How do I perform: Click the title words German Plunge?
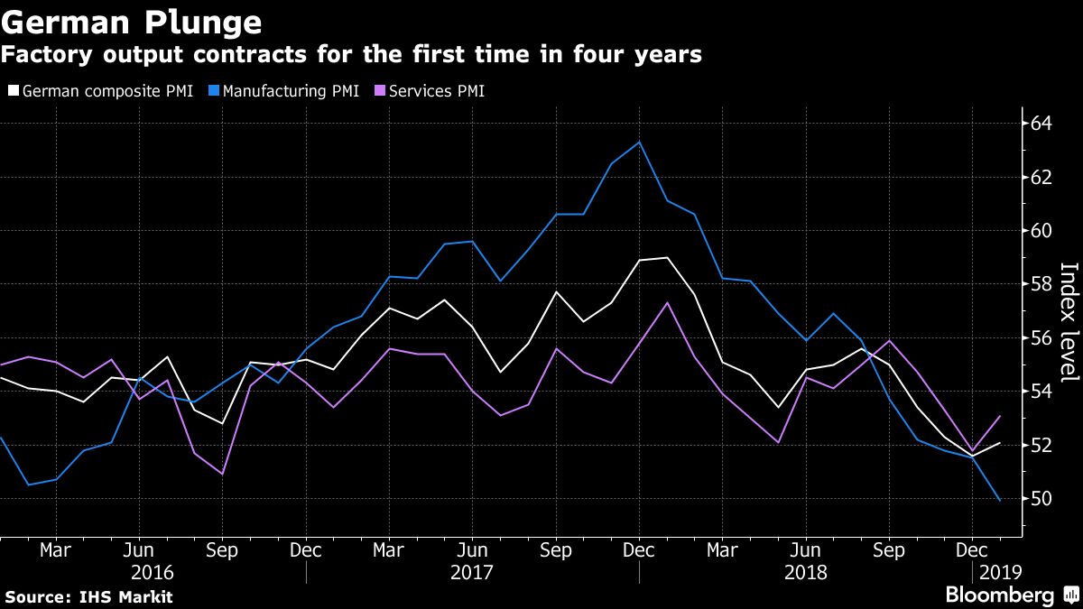click(x=133, y=22)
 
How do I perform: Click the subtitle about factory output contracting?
click(x=351, y=55)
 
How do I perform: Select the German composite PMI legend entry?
click(x=100, y=91)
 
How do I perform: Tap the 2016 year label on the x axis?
click(x=153, y=573)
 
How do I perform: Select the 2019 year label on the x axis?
click(x=997, y=573)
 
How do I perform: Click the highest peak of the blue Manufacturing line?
click(x=639, y=142)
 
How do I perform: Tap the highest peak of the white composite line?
click(x=667, y=258)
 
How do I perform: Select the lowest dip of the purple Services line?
click(x=222, y=474)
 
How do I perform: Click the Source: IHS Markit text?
click(x=88, y=596)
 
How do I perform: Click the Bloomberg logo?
click(x=999, y=595)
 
